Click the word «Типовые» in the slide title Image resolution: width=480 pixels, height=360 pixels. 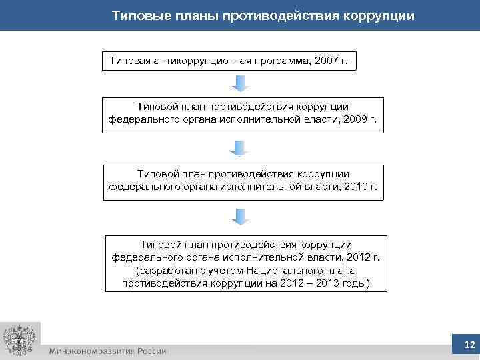pos(137,15)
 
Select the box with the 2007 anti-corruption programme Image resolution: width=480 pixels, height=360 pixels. pos(229,61)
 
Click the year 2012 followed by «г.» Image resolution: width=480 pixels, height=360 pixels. pos(346,257)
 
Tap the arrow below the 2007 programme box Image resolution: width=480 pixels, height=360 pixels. pos(240,83)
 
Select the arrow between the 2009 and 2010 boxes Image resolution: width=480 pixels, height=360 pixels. pos(240,149)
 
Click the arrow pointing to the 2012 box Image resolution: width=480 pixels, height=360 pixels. pos(240,217)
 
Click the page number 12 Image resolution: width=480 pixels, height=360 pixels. pos(469,345)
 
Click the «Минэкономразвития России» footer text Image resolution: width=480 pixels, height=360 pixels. pos(107,351)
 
